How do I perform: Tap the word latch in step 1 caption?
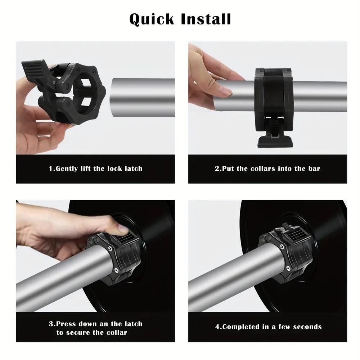[x=133, y=168]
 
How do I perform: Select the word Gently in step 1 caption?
[x=66, y=168]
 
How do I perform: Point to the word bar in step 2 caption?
[x=314, y=168]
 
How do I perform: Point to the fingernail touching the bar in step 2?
[x=226, y=92]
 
